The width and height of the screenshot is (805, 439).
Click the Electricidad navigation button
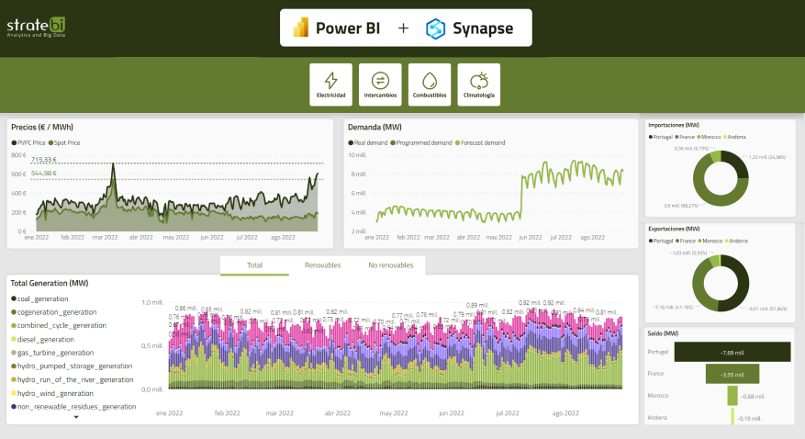point(330,84)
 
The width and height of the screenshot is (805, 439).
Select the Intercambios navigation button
point(380,84)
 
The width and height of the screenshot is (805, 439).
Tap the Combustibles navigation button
point(430,84)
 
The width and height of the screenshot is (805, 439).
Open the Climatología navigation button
point(479,84)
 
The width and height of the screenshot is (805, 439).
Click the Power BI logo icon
point(300,28)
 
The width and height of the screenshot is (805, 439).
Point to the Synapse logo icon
point(436,28)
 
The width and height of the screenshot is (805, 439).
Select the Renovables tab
point(322,265)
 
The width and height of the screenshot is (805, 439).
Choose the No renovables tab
point(391,265)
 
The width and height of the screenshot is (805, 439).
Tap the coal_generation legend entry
point(42,298)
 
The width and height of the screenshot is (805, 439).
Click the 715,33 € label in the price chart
point(44,160)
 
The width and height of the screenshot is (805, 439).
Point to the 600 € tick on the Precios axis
point(17,174)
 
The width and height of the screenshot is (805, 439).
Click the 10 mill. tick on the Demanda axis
point(357,155)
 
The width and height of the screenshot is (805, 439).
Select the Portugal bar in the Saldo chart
point(732,352)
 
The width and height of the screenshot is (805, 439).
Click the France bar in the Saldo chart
point(732,374)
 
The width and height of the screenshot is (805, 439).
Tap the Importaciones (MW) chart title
point(675,124)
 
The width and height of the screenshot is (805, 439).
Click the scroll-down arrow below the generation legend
point(76,417)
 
